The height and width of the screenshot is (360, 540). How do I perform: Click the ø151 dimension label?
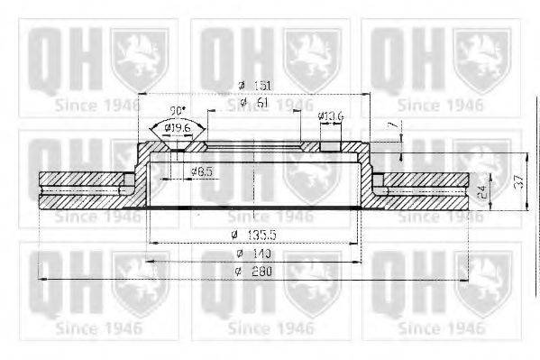pos(255,86)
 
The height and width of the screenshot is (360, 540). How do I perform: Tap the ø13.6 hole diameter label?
pos(330,116)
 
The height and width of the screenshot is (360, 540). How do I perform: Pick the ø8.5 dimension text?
pos(201,171)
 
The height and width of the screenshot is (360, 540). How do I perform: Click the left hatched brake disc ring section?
pos(86,190)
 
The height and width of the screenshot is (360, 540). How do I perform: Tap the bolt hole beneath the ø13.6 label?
pos(330,145)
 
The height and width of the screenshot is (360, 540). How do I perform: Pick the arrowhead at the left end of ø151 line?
pos(143,94)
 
